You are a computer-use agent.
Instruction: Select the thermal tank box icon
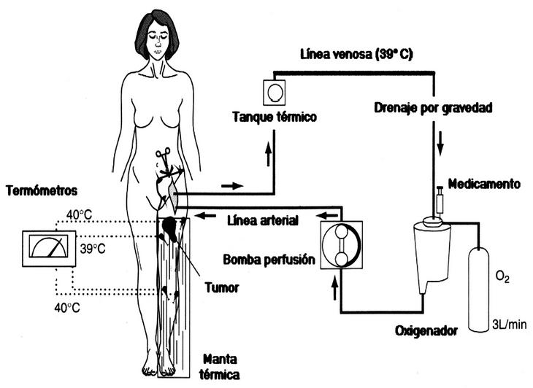(274, 93)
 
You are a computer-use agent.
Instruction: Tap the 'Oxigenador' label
(426, 330)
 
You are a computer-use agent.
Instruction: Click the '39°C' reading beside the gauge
(91, 248)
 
